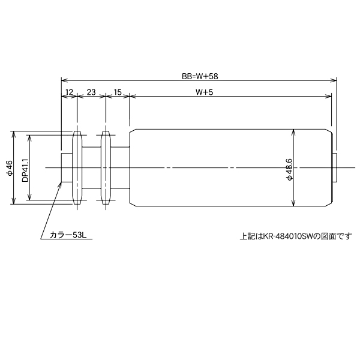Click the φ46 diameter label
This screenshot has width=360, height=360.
point(10,167)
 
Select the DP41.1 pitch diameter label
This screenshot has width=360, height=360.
point(25,170)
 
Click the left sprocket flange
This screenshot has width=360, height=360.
point(77,167)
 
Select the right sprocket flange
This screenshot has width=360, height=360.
point(106,167)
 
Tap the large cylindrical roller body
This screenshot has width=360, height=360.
point(231,167)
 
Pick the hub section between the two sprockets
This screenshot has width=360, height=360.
point(92,167)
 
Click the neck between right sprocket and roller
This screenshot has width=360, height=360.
point(120,167)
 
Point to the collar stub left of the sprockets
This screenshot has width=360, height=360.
point(67,167)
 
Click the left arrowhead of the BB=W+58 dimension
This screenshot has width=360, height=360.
point(64,80)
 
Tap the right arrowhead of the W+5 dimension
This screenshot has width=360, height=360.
point(329,96)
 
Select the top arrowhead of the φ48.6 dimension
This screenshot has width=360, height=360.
point(293,131)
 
